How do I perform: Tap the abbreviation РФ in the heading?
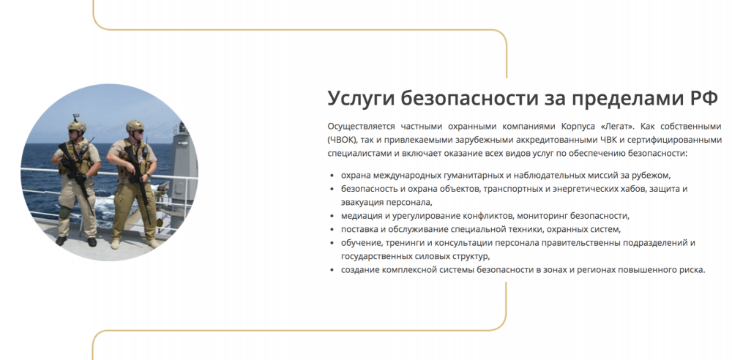pos(703,98)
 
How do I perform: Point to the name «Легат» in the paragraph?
pos(617,127)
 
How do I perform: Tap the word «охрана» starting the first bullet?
pos(356,176)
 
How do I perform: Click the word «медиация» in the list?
pos(362,216)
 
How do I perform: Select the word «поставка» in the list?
pos(360,229)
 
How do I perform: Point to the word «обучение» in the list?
pos(361,243)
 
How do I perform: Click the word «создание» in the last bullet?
pos(360,270)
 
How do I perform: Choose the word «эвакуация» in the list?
pos(362,203)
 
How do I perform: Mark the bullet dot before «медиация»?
pos(332,216)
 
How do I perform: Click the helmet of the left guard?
pos(77,126)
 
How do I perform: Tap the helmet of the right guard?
pos(135,125)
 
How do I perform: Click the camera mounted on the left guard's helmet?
pos(75,117)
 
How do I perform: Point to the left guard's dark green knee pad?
pos(65,212)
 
